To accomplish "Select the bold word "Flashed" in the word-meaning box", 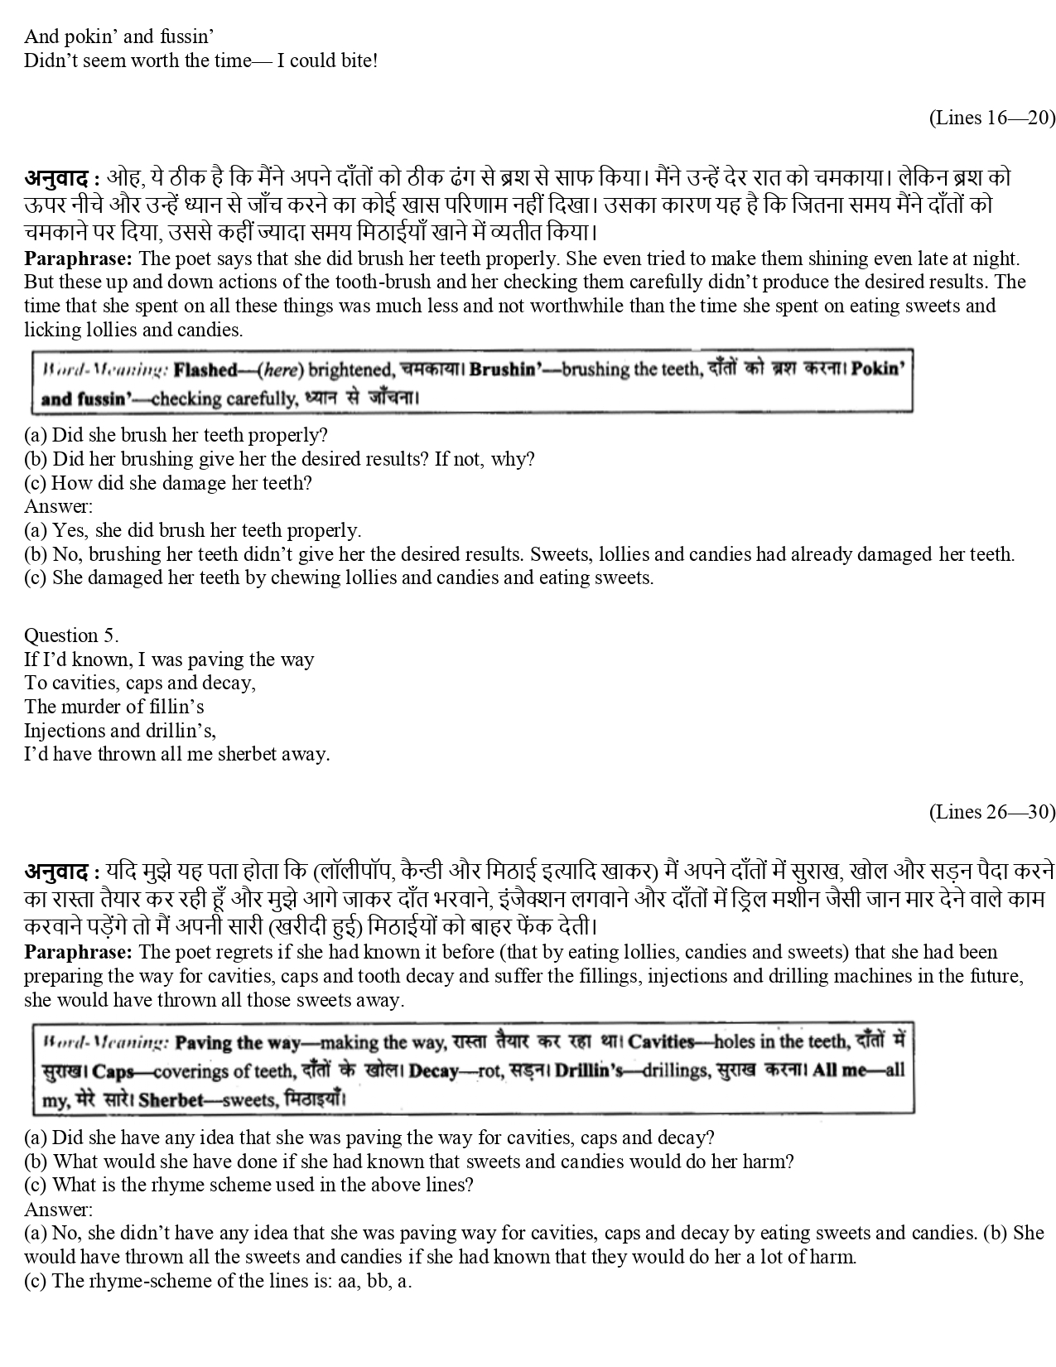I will (205, 370).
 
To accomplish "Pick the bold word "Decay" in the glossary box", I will (433, 1070).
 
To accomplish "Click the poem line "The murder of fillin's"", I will (113, 707).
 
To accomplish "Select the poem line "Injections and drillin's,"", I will (120, 731).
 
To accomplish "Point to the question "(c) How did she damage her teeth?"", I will (168, 482).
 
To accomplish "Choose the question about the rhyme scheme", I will (248, 1185).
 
